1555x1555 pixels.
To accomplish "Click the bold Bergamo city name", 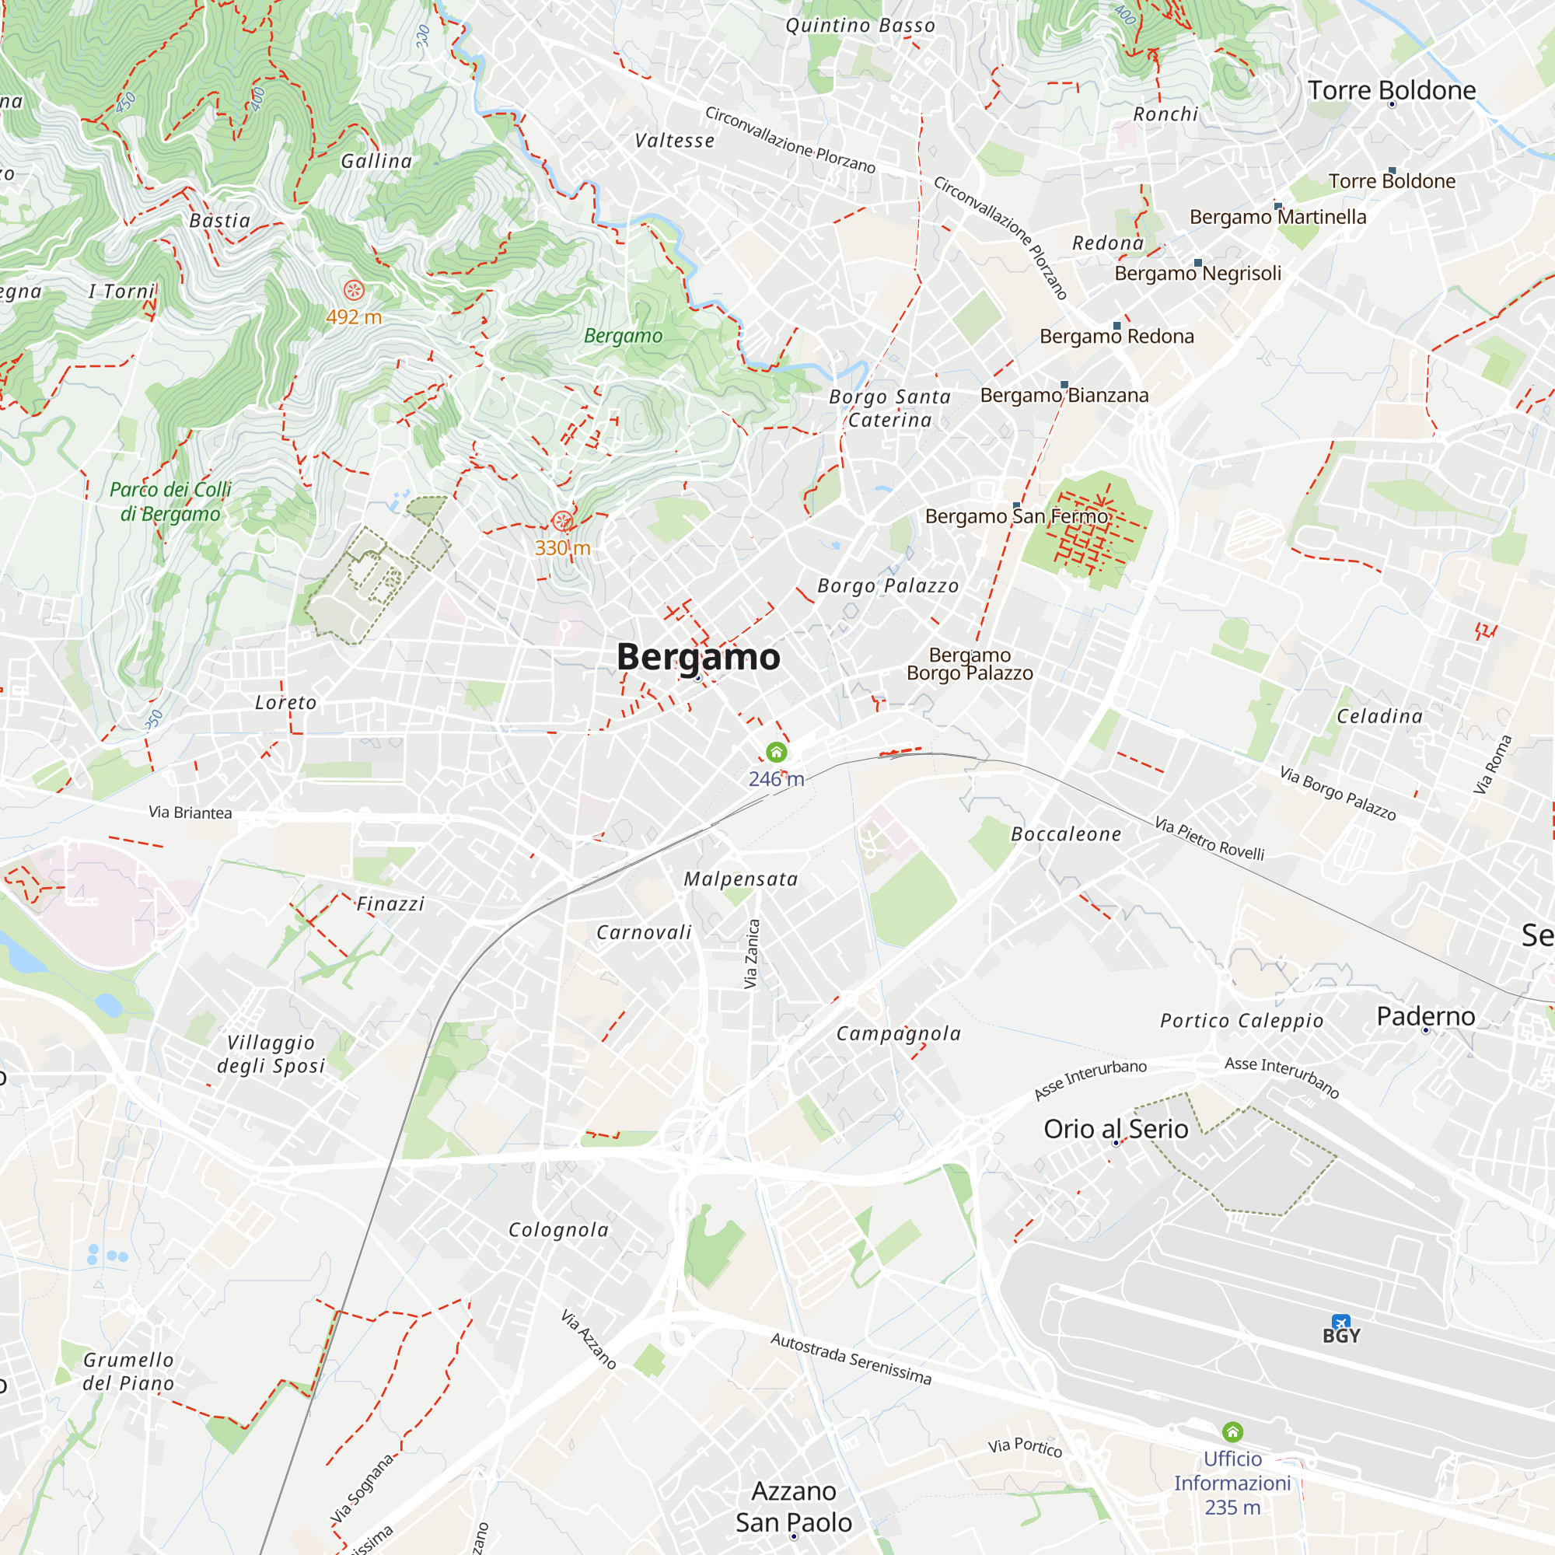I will (698, 657).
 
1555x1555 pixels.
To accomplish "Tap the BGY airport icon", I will (1340, 1323).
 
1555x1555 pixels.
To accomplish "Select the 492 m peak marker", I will (353, 291).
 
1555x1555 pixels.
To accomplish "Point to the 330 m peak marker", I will (563, 522).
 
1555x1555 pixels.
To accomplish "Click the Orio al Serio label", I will (1116, 1129).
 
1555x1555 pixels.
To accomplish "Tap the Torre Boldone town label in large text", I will (1392, 90).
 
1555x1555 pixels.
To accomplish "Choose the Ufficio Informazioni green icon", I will (1232, 1432).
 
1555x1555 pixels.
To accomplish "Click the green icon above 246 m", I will (776, 752).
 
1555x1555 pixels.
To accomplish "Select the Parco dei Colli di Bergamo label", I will (169, 501).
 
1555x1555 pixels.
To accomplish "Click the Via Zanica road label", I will (751, 954).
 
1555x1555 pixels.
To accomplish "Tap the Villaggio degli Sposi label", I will (271, 1054).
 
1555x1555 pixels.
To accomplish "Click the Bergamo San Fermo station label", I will (1017, 516).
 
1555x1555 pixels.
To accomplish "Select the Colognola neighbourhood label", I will (558, 1230).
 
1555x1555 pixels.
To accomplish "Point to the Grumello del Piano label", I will (129, 1372).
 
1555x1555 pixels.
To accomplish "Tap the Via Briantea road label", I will (190, 813).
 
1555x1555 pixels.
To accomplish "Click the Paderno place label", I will (1425, 1016).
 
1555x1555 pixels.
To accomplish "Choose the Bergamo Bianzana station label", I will (1064, 395).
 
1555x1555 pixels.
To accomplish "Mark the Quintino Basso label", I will (861, 26).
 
